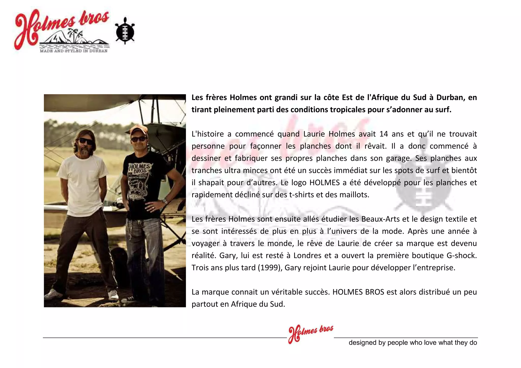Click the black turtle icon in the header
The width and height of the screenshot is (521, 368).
125,31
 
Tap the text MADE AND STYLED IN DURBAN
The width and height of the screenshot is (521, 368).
74,51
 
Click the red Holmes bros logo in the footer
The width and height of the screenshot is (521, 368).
310,333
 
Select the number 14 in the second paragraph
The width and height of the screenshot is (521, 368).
383,134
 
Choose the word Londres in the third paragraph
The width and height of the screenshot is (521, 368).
307,256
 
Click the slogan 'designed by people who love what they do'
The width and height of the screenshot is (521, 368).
413,343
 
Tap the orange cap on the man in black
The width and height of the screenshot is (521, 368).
138,130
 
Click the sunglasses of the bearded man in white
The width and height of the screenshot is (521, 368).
86,141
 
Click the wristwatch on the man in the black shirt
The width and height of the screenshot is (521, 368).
165,201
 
